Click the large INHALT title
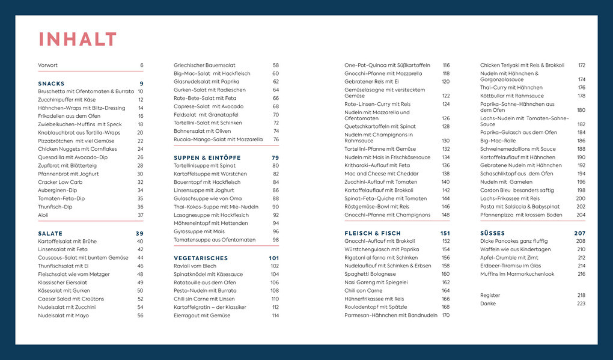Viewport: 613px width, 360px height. click(x=78, y=40)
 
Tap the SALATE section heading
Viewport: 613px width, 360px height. click(x=50, y=233)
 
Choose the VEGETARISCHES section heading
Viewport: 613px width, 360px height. click(x=201, y=258)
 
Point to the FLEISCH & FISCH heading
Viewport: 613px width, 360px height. click(x=372, y=233)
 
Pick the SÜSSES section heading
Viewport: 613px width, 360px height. click(x=492, y=233)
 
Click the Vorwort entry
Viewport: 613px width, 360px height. click(x=48, y=65)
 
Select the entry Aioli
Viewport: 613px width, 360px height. click(x=44, y=215)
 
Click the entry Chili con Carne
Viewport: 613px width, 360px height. click(x=363, y=291)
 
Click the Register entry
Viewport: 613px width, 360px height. click(x=490, y=295)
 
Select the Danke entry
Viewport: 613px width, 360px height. click(x=488, y=304)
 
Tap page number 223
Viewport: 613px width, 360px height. click(x=581, y=304)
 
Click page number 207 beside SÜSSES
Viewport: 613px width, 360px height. click(x=580, y=233)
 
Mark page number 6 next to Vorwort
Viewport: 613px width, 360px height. click(x=142, y=65)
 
